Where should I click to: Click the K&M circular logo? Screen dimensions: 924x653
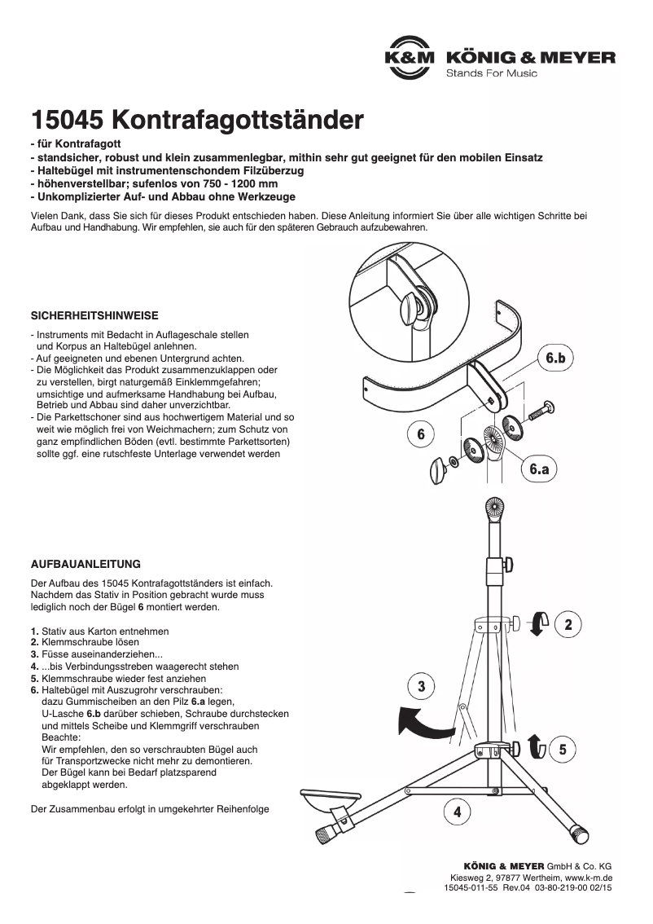coord(410,58)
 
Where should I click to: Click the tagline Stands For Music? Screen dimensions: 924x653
coord(491,73)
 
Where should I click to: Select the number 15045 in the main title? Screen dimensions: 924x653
coord(65,121)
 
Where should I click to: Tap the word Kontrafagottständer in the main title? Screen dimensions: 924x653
coord(236,121)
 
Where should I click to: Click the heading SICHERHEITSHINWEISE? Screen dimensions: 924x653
coord(94,315)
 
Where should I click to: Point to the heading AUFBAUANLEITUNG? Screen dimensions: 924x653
coord(85,563)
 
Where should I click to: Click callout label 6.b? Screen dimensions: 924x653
coord(559,358)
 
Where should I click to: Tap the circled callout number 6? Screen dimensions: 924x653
coord(421,435)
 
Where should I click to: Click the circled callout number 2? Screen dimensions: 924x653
coord(568,625)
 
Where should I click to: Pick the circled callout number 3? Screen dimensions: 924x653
coord(421,687)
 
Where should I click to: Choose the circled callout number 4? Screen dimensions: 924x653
coord(458,812)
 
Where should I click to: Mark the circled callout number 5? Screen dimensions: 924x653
coord(563,749)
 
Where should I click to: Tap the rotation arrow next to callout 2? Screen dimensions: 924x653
coord(537,623)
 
